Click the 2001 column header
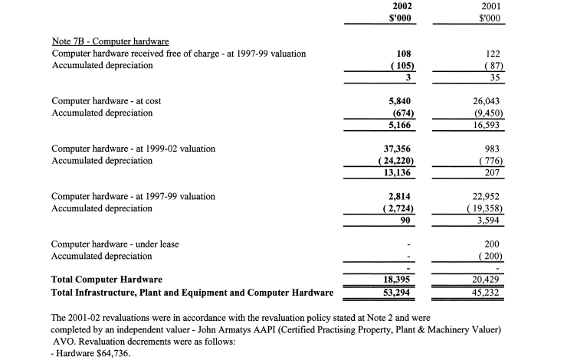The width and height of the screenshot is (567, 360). click(x=489, y=7)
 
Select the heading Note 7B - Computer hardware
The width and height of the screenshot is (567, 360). click(x=110, y=41)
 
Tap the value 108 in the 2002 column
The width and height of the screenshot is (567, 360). click(x=405, y=54)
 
